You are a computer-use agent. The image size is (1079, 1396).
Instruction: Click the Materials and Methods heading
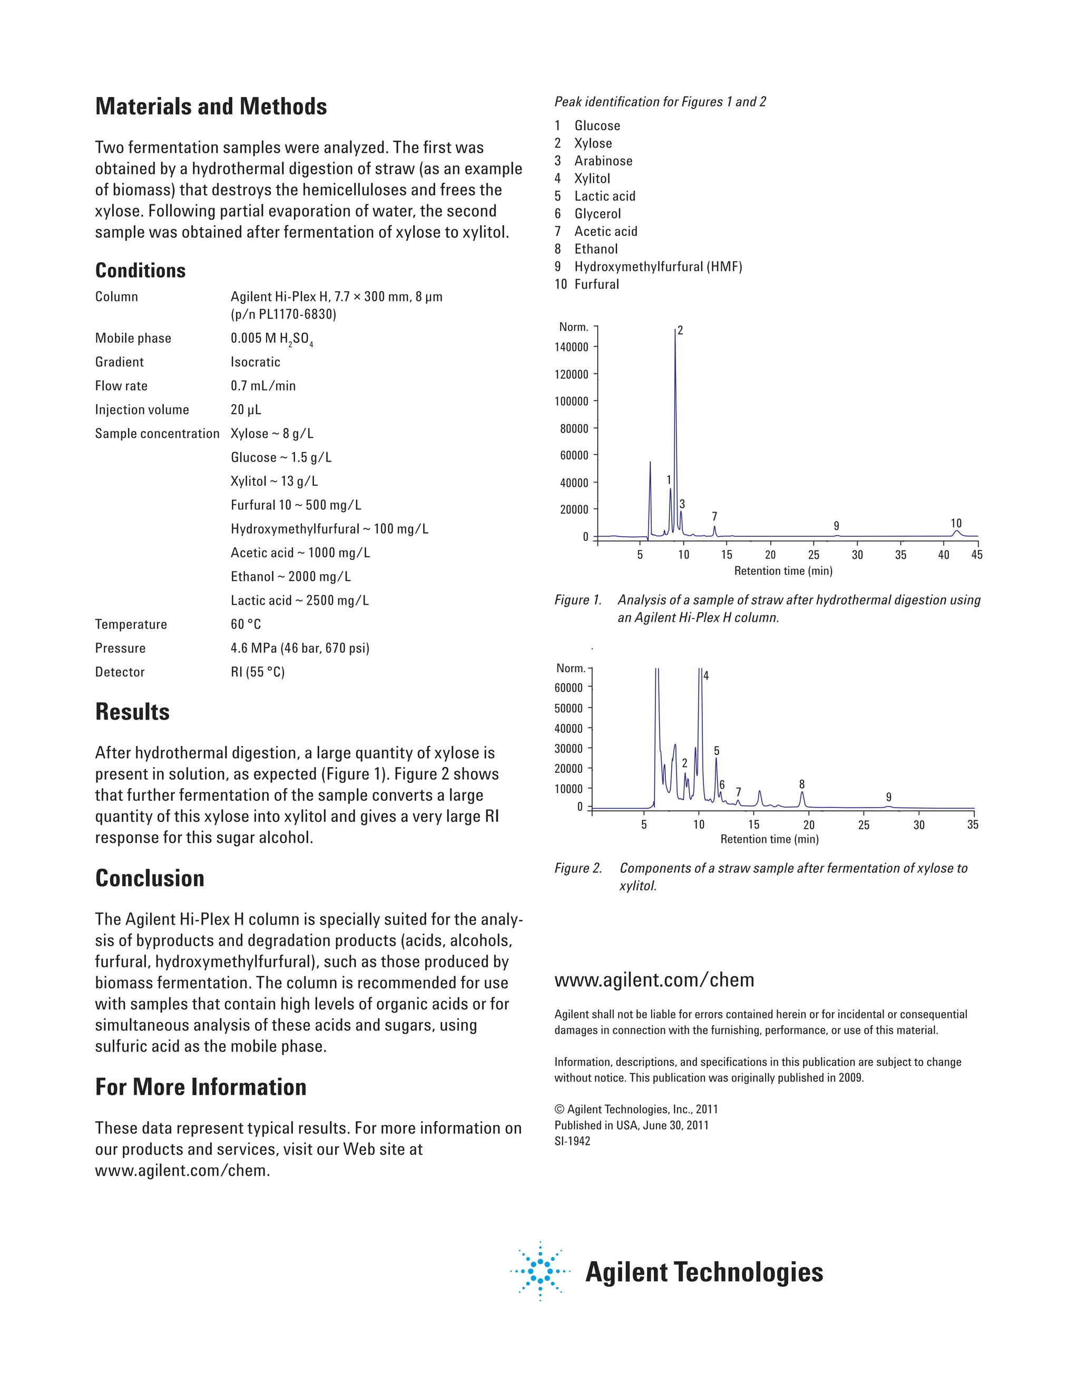[x=211, y=107]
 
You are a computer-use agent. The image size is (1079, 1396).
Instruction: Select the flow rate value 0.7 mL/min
[x=263, y=386]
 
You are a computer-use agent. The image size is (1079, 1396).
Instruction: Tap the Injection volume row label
[x=142, y=410]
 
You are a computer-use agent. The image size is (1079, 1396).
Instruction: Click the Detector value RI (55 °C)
[x=258, y=672]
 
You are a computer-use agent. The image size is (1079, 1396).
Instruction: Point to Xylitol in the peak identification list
[x=592, y=179]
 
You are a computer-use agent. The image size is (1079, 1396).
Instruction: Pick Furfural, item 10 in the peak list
[x=596, y=284]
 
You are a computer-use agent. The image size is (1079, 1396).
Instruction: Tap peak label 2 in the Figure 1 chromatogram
[x=680, y=330]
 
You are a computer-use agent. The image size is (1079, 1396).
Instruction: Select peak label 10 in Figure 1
[x=956, y=524]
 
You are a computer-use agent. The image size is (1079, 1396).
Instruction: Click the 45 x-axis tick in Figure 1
[x=977, y=555]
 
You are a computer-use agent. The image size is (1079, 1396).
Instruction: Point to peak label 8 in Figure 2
[x=801, y=784]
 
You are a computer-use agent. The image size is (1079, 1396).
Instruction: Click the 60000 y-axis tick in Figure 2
[x=568, y=688]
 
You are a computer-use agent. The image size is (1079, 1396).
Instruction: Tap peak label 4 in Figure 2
[x=705, y=676]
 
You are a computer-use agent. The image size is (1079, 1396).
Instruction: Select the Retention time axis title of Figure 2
[x=769, y=839]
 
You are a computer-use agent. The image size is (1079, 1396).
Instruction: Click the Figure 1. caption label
[x=578, y=600]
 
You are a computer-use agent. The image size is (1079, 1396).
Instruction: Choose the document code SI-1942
[x=572, y=1141]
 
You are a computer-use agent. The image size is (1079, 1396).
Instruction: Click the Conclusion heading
[x=150, y=878]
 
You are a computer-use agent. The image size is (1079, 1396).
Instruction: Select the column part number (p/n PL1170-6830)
[x=283, y=314]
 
